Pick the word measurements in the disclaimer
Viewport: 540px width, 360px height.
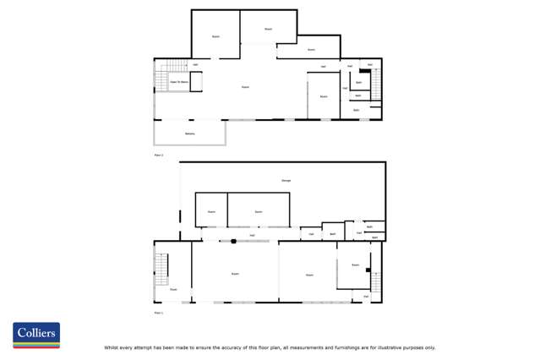tap(299, 347)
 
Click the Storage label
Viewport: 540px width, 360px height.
tap(286, 182)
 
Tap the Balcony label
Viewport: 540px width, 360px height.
tap(190, 134)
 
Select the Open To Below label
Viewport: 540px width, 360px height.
tap(178, 82)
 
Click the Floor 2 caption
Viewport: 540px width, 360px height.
tap(158, 155)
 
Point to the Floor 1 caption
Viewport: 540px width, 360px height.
tap(158, 313)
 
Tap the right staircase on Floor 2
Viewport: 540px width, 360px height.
tap(376, 85)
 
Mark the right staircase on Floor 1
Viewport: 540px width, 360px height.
tap(375, 281)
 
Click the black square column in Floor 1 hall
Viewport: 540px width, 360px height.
tap(234, 242)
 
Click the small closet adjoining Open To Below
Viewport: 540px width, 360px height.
tap(196, 81)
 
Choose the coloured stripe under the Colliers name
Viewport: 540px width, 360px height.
tap(36, 344)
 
